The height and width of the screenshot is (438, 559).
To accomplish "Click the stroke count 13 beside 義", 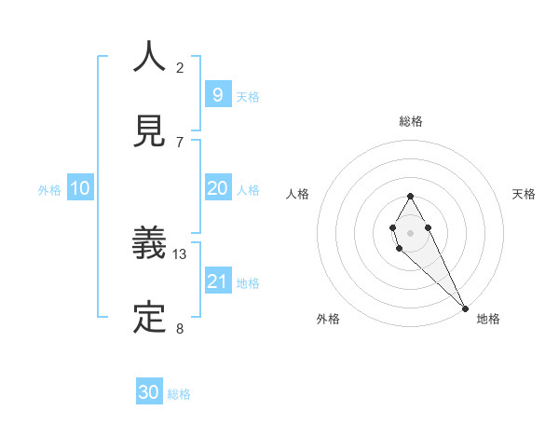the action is (180, 253).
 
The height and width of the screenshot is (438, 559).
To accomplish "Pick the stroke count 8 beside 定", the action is (180, 328).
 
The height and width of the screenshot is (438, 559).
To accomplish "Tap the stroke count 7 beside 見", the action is (180, 142).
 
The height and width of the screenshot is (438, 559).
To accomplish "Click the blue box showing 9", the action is (217, 94).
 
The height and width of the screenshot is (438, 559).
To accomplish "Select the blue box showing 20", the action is (217, 188).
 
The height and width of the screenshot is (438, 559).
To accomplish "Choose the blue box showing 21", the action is (217, 281).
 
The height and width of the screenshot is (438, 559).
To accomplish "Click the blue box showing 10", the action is (80, 188).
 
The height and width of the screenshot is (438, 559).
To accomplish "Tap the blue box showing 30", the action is (149, 392).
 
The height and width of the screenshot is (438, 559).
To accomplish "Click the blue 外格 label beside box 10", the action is (49, 189).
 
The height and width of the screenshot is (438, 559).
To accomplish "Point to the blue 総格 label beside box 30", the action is (179, 394).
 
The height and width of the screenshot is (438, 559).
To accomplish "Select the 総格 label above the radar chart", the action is (411, 121).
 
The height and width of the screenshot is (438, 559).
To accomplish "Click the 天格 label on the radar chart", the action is (525, 194).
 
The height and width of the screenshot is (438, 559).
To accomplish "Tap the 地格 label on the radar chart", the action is (488, 319).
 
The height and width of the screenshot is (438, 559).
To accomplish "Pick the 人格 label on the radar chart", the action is (297, 194).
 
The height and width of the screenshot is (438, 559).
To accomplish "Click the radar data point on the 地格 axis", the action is (465, 308).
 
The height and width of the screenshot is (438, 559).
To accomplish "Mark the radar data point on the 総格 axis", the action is (410, 196).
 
